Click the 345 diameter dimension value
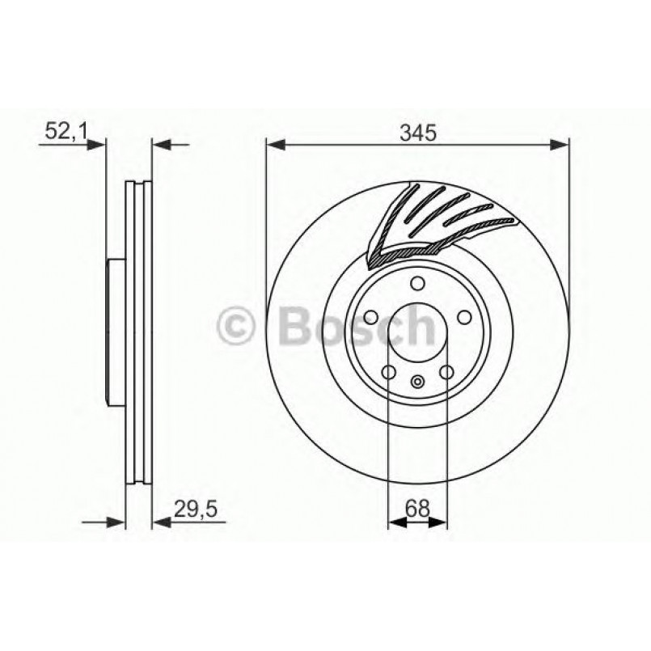point(417,132)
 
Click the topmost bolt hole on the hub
point(417,283)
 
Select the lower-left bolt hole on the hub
point(388,373)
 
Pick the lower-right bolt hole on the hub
point(446,373)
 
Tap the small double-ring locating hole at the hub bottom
point(417,383)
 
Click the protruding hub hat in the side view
point(113,332)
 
